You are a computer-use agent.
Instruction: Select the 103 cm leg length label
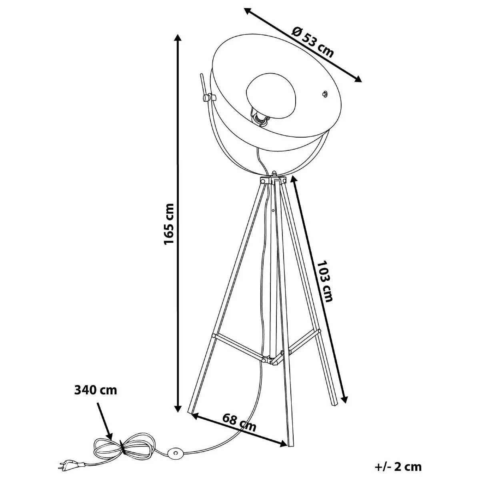324,281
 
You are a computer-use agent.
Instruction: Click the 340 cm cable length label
96,390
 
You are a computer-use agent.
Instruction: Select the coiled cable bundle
124,445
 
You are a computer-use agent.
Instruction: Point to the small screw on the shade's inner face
324,94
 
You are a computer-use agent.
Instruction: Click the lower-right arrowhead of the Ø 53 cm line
357,79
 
